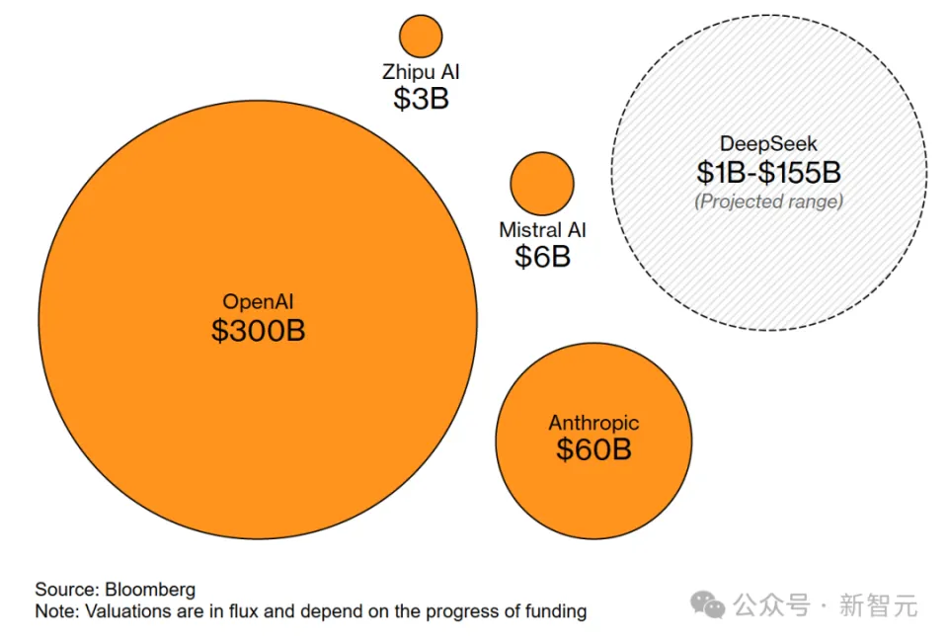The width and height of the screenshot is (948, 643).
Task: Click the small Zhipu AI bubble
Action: (421, 37)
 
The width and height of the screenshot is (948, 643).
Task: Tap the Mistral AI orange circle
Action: (542, 184)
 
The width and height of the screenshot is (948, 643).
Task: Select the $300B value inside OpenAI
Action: (259, 330)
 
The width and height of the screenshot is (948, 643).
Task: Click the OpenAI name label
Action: (259, 301)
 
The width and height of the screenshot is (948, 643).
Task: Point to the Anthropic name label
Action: (593, 423)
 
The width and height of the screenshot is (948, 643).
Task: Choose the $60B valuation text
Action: (593, 450)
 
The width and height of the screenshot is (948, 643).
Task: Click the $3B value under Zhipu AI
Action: (421, 99)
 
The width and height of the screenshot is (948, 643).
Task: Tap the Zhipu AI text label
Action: (421, 72)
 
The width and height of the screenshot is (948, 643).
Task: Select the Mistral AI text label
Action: (542, 230)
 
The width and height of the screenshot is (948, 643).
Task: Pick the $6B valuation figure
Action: (542, 258)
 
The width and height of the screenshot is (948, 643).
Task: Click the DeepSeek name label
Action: (768, 144)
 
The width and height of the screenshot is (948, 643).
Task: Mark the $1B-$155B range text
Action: (768, 173)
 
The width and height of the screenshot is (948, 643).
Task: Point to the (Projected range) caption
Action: (768, 201)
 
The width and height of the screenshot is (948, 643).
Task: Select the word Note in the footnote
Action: (54, 611)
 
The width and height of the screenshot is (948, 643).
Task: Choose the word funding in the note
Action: (555, 611)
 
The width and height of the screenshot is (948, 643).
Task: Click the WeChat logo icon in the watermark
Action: (707, 603)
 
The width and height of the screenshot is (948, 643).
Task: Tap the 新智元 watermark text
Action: (878, 604)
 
